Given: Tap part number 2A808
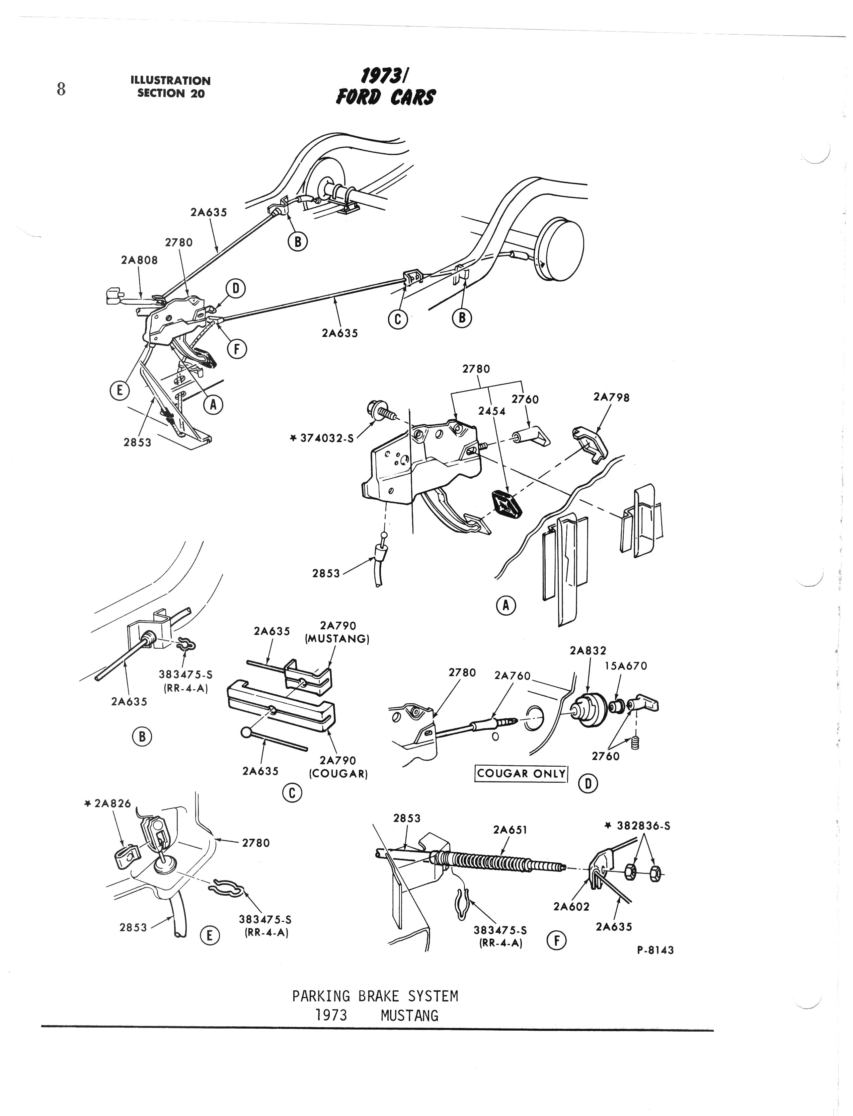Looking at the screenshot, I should (x=139, y=260).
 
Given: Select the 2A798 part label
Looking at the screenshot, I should (x=611, y=397).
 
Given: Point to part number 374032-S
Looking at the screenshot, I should (x=326, y=437).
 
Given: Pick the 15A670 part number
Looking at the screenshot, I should (x=626, y=666).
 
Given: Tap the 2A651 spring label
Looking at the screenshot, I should (x=510, y=830).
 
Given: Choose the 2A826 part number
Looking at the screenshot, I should (x=111, y=804).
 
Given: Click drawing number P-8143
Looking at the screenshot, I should (x=655, y=950).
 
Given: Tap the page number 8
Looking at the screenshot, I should (x=61, y=89).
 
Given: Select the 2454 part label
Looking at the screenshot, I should (x=491, y=411).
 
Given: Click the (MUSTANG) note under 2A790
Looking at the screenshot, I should (x=337, y=638).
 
